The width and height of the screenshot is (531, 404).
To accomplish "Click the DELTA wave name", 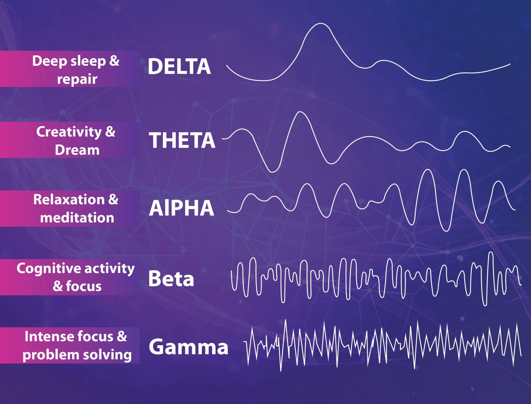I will coord(179,67).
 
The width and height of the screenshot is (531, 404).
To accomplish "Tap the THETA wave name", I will coord(182,140).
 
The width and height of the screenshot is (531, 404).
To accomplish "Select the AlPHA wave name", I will coord(181,208).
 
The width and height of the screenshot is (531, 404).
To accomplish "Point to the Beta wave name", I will coord(171,279).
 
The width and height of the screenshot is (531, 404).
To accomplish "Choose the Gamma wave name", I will coord(188,347).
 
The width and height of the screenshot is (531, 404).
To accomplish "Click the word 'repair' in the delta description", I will coord(77,79).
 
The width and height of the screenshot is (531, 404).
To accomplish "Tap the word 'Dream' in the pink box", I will coord(77,150).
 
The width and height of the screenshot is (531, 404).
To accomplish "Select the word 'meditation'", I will coord(77,217).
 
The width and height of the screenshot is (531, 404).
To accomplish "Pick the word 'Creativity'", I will coord(69,132).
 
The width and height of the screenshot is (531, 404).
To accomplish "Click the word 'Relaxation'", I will coord(68,200).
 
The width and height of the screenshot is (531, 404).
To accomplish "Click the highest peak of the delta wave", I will coord(320,24).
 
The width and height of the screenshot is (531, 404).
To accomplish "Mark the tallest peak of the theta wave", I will coord(300,112).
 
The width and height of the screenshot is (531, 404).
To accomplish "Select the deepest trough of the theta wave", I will coord(272,172).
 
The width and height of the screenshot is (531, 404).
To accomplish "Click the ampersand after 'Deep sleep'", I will coord(114,61).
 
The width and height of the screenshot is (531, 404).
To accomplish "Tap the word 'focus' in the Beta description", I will coord(83,286).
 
